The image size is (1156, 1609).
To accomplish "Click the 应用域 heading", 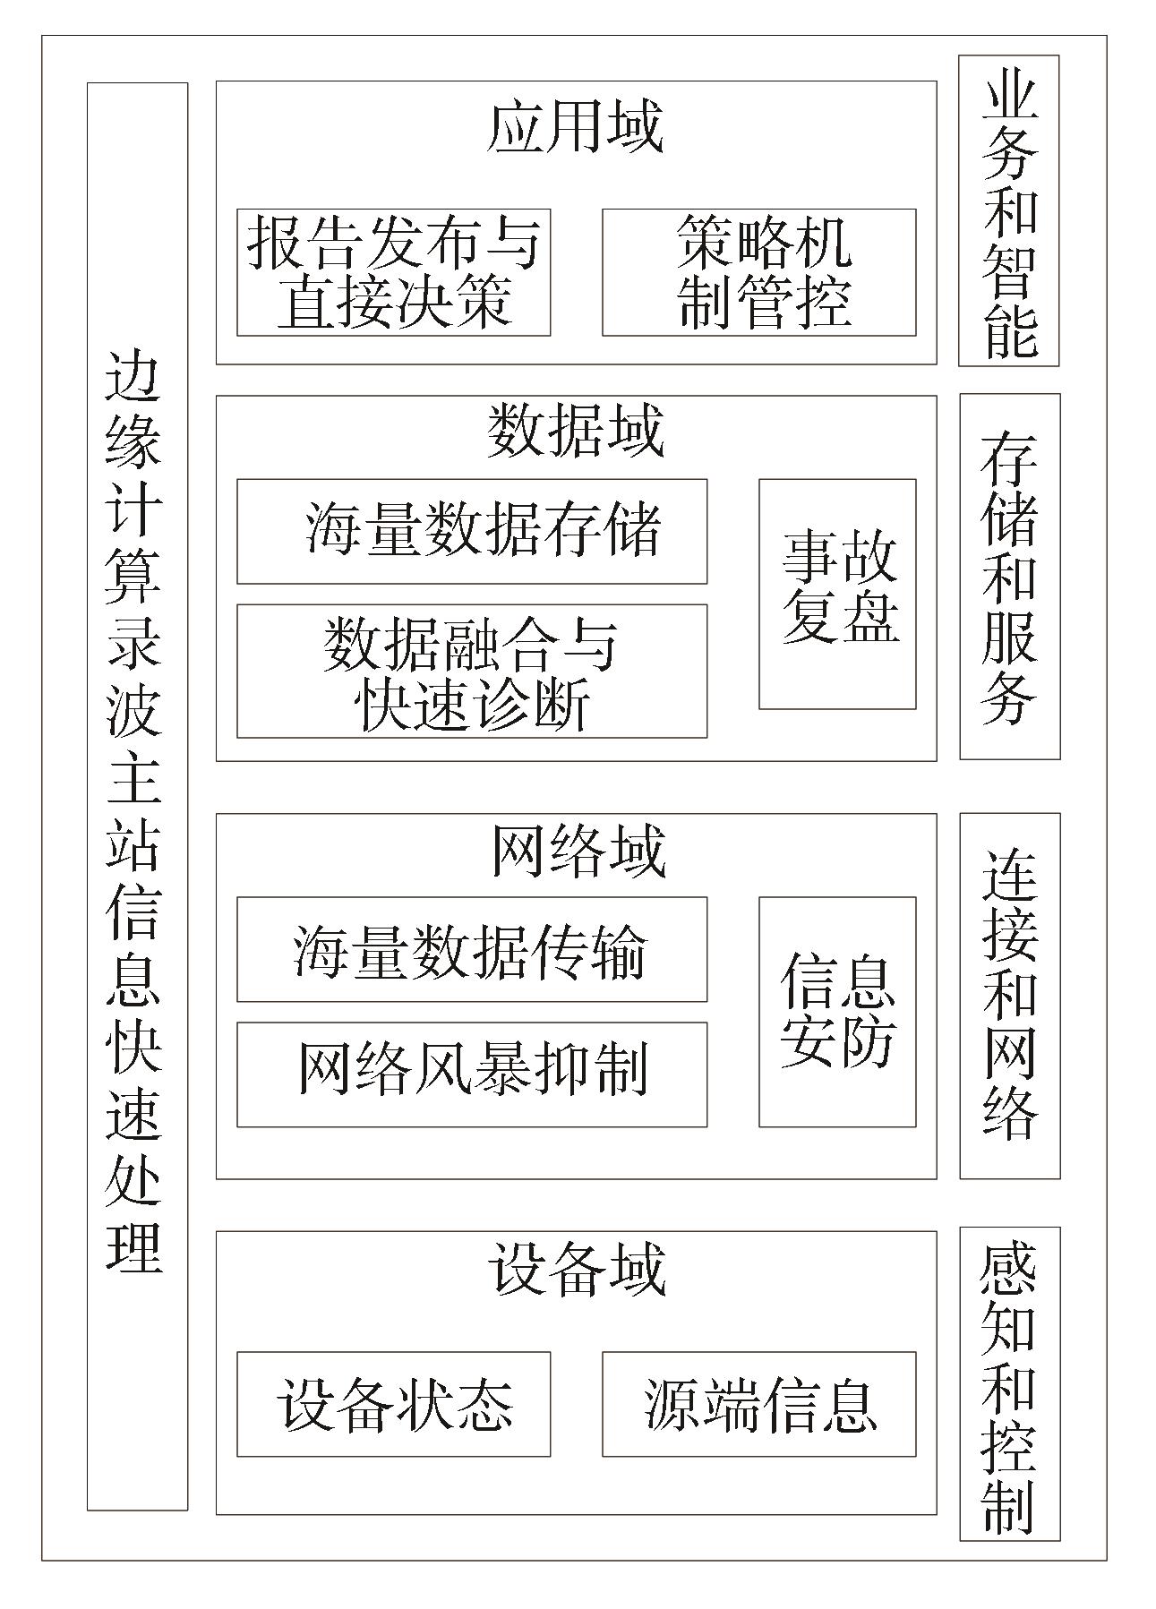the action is pos(575,126).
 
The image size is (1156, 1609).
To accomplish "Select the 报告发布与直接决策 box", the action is pos(393,272).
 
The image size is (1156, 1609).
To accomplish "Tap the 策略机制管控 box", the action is pos(758,272).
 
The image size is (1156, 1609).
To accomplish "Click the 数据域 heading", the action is pos(575,431).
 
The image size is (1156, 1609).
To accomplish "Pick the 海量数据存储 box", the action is pos(472,531).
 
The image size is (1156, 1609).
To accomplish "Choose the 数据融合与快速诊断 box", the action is pos(472,671).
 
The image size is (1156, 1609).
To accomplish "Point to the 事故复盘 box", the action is pos(837,594).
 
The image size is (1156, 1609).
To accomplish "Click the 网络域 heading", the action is pos(578,850).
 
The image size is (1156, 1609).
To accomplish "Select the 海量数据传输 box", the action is pos(472,949).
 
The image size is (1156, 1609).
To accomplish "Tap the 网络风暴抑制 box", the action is pos(472,1074).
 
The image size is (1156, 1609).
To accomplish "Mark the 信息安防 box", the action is pos(837,1012).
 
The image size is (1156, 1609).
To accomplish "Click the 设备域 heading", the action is pos(578,1268).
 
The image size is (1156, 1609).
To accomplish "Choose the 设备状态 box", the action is pos(393,1404).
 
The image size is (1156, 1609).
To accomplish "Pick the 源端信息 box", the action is pos(758,1404).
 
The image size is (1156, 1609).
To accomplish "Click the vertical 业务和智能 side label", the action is pos(1009,210).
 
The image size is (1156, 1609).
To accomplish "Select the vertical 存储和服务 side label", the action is pos(1010,577).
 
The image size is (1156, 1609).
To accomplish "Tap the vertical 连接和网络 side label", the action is pos(1010,996).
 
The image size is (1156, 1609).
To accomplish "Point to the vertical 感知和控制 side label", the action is pos(1010,1383).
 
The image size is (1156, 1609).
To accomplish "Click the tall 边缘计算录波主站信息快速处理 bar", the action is pos(137,796).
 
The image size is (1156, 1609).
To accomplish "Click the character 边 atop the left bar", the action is pos(134,376).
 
